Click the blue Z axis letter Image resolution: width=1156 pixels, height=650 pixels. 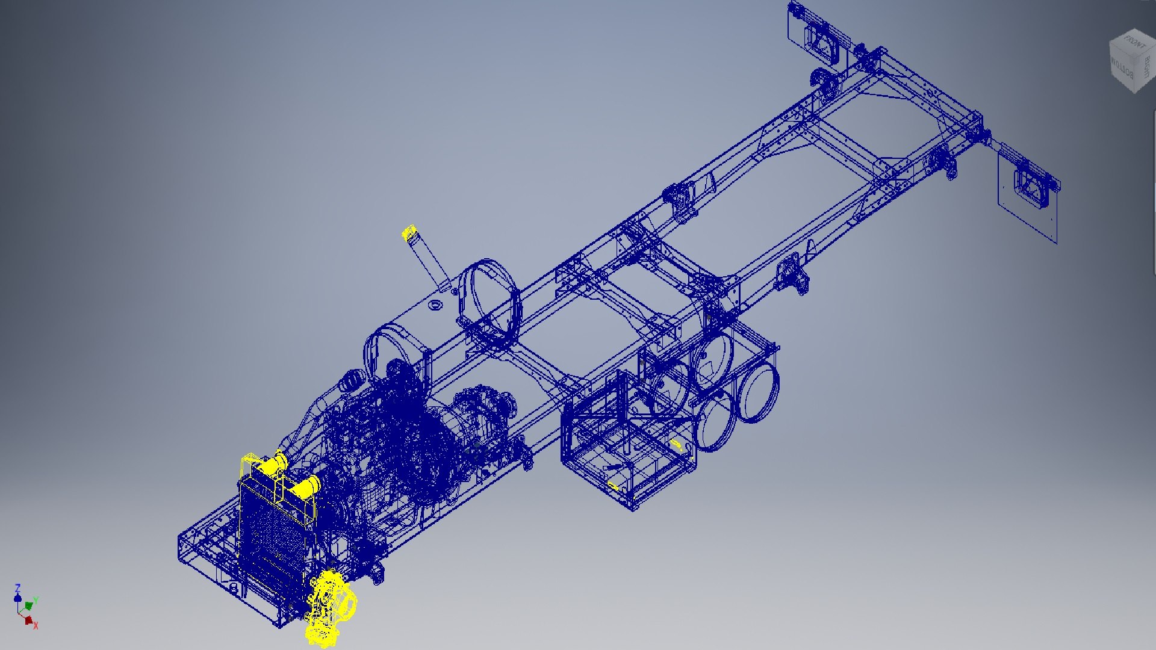[x=17, y=587]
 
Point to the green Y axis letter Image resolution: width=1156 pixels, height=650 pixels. [x=36, y=600]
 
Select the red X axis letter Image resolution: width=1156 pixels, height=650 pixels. [x=36, y=626]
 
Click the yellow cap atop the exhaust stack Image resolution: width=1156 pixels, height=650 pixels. [x=409, y=232]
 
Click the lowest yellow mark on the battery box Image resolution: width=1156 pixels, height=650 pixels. [x=613, y=486]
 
